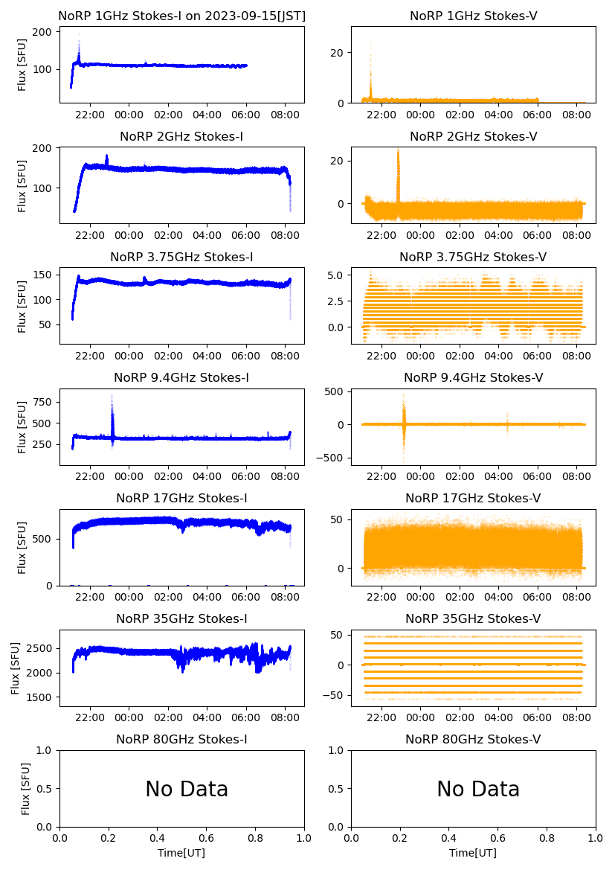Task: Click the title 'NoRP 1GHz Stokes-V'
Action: [473, 16]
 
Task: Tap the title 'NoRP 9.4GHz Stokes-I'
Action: [181, 378]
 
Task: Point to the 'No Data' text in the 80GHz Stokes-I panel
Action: [187, 789]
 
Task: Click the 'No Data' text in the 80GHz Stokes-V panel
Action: [478, 789]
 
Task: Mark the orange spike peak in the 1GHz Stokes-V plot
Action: [370, 45]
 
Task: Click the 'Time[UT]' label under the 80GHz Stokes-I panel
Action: [181, 853]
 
